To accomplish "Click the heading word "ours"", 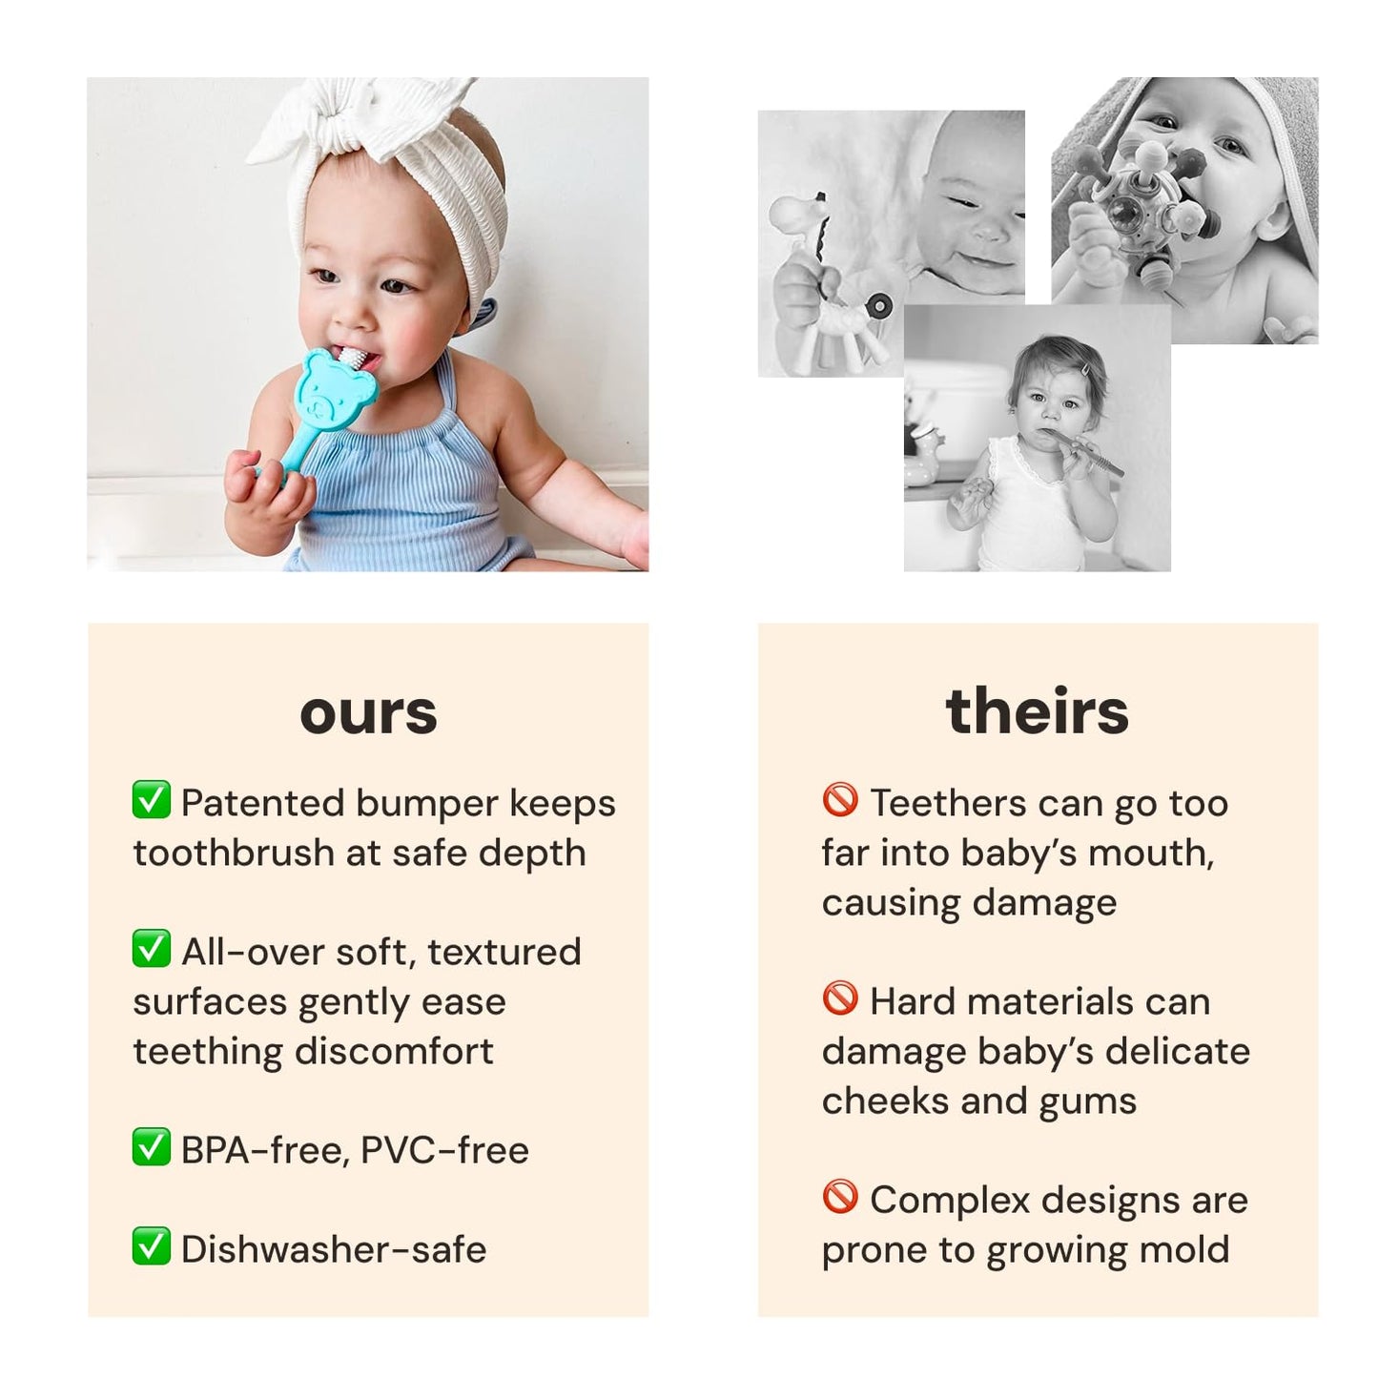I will pos(368,713).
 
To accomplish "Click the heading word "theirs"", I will pos(1037,711).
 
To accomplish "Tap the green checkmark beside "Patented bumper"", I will pos(152,801).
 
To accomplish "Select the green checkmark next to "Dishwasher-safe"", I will pos(152,1246).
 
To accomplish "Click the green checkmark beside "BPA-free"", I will pos(152,1147).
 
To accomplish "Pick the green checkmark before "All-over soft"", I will pos(152,949).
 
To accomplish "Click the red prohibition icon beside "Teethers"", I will pos(840,800).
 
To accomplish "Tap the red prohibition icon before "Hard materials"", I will pos(840,998).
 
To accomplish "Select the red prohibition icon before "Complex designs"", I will pos(840,1197).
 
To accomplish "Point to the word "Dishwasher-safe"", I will pos(334,1249).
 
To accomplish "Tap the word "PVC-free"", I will pos(444,1150).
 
